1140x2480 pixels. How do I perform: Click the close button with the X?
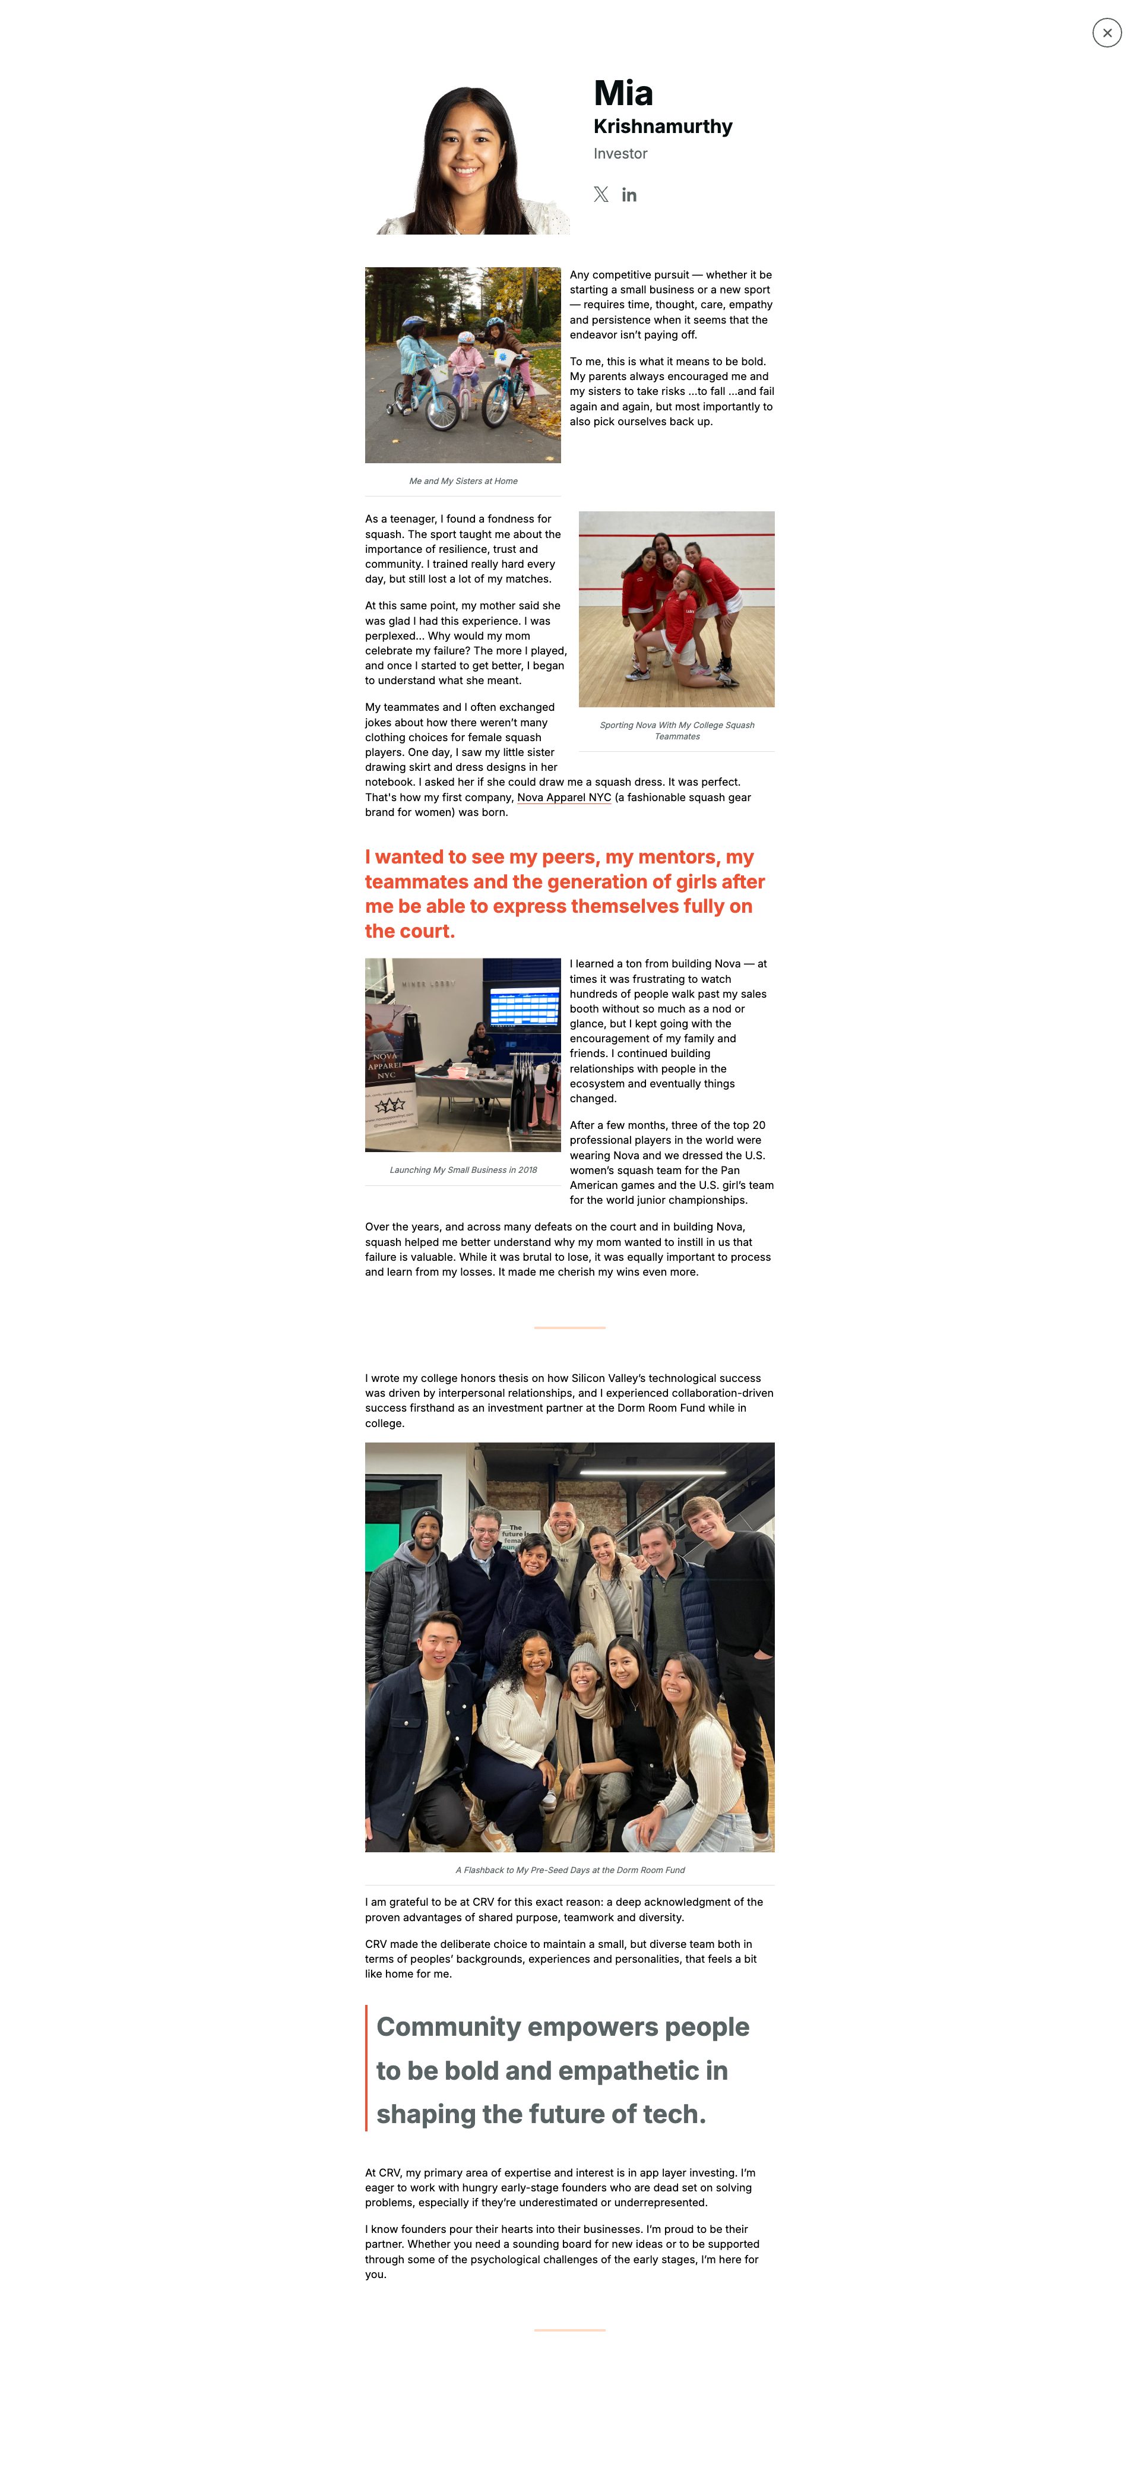pyautogui.click(x=1106, y=33)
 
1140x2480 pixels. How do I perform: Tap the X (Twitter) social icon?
pyautogui.click(x=601, y=194)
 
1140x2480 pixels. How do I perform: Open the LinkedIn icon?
pyautogui.click(x=629, y=194)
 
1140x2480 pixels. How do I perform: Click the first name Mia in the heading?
pyautogui.click(x=623, y=93)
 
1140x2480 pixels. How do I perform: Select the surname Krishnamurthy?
pyautogui.click(x=663, y=126)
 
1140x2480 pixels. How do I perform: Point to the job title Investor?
pyautogui.click(x=620, y=154)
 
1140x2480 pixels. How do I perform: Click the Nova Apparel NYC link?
pyautogui.click(x=563, y=797)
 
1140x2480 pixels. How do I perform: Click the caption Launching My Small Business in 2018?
pyautogui.click(x=463, y=1170)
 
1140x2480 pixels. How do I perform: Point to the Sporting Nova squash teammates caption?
pyautogui.click(x=677, y=730)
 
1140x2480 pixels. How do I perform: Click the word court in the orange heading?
pyautogui.click(x=424, y=931)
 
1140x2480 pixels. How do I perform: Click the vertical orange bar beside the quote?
pyautogui.click(x=367, y=2068)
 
